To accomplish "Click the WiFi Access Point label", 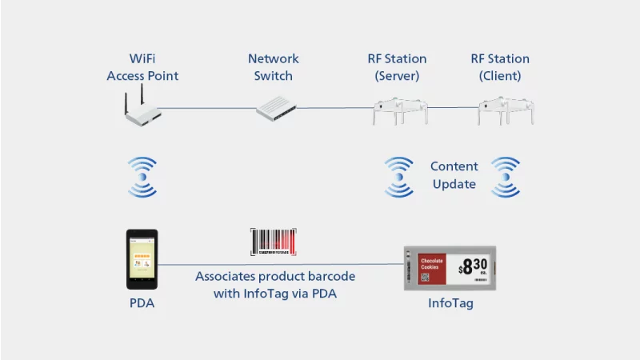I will click(x=142, y=67).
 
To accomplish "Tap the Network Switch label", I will click(x=273, y=67).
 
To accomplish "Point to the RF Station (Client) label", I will click(x=499, y=67).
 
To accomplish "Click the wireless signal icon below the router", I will click(x=143, y=177).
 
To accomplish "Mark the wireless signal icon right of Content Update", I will click(x=505, y=177).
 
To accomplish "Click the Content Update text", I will click(x=454, y=175).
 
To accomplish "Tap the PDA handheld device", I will click(x=142, y=260).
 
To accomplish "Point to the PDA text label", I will click(x=142, y=303).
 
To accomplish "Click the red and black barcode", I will click(x=274, y=242).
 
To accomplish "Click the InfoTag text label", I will click(x=450, y=303).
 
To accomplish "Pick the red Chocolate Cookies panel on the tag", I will click(x=432, y=266).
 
